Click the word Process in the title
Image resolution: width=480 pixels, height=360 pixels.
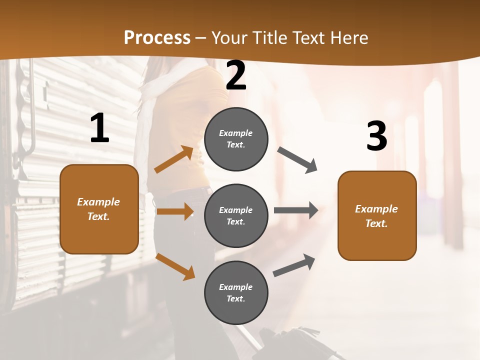(157, 37)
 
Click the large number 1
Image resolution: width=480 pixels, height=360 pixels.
(99, 128)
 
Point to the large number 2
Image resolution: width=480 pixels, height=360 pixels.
(236, 75)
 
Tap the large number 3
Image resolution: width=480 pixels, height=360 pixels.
(376, 136)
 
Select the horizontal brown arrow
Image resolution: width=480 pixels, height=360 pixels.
(175, 211)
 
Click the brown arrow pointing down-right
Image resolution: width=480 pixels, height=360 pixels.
(175, 266)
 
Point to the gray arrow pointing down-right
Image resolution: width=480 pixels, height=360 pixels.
(297, 160)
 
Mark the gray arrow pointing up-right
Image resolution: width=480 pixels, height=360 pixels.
(294, 265)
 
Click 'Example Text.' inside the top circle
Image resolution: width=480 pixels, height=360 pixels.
(236, 139)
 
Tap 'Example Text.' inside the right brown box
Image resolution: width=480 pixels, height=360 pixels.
(376, 216)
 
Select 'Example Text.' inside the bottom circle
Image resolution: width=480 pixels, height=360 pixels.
(236, 293)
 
